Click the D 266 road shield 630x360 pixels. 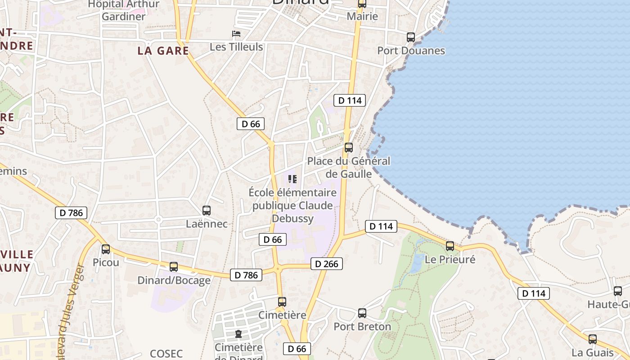(327, 264)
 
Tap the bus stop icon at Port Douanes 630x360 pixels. (410, 37)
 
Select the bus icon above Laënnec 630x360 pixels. (207, 210)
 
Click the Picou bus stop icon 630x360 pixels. (106, 249)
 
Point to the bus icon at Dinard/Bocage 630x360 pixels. (174, 267)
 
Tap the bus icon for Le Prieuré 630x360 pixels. (450, 246)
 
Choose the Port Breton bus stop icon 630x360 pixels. (362, 313)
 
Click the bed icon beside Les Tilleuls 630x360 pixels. (236, 34)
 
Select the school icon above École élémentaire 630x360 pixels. (292, 179)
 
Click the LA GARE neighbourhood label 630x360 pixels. (163, 51)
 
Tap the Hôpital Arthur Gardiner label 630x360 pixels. (124, 10)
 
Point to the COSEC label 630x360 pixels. (166, 353)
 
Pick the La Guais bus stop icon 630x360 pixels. (593, 339)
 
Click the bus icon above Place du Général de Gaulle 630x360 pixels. (348, 148)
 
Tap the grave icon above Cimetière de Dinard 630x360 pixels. (238, 334)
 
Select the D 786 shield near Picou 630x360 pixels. (71, 213)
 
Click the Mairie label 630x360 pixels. (362, 17)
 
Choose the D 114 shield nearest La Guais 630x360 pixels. (534, 293)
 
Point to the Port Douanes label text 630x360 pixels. (411, 50)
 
